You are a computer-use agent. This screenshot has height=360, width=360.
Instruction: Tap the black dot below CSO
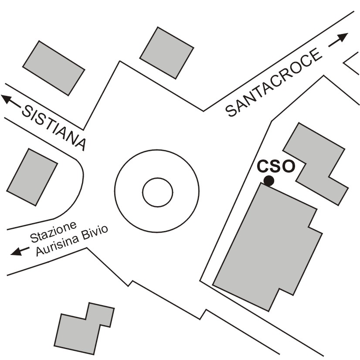click(269, 180)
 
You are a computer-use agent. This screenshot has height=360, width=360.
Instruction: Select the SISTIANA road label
click(54, 127)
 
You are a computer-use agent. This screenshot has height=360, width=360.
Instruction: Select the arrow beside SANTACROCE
click(338, 40)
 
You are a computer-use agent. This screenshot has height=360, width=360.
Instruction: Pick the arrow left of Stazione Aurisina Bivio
click(19, 251)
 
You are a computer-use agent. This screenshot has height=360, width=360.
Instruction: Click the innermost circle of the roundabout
click(157, 191)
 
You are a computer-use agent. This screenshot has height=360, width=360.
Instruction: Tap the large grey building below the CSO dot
click(266, 244)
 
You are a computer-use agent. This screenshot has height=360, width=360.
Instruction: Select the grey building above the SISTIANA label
click(53, 69)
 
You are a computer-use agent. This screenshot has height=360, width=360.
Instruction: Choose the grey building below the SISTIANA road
click(32, 177)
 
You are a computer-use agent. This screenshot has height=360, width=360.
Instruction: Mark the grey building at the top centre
click(166, 52)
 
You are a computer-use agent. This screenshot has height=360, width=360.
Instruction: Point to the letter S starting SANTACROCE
click(232, 111)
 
